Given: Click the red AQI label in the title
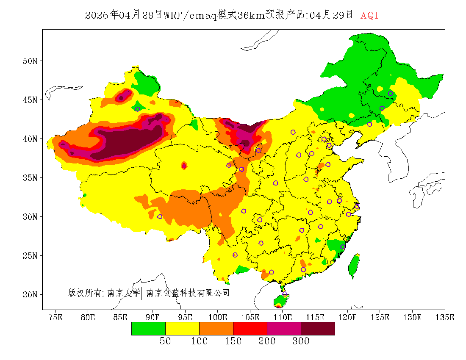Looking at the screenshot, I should (x=369, y=16).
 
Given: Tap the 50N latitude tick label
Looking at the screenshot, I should (x=30, y=61).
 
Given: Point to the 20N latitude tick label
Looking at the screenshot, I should (x=30, y=294).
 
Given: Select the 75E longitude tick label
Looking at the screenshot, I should (x=55, y=317).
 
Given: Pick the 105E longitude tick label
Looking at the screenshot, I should (x=250, y=317).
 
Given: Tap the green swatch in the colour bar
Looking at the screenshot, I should (x=148, y=328).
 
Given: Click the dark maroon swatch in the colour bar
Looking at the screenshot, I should (x=318, y=328).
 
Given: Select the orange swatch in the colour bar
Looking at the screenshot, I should (x=216, y=328).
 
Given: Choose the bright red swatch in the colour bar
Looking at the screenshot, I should (x=250, y=328).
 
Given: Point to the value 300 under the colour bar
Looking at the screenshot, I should (x=301, y=341).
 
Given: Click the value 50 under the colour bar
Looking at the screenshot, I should (x=165, y=341).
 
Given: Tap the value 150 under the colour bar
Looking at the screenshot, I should (x=233, y=341).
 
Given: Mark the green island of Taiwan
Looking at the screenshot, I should (x=354, y=266).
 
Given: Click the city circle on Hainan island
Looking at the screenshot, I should (x=285, y=294).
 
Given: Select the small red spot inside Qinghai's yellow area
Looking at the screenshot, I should (x=184, y=166).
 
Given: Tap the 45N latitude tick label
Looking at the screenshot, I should (x=30, y=100).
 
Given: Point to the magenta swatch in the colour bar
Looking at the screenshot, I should (x=284, y=328).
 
